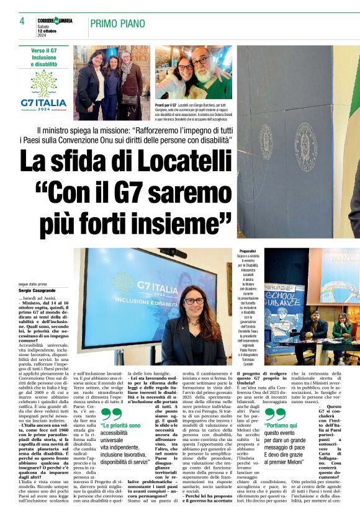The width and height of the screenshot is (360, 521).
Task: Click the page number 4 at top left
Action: [22, 21]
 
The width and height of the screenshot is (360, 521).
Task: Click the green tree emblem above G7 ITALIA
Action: [43, 82]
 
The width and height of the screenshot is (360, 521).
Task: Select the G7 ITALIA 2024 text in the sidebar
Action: [43, 104]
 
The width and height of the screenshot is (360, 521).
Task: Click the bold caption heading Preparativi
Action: [248, 251]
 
